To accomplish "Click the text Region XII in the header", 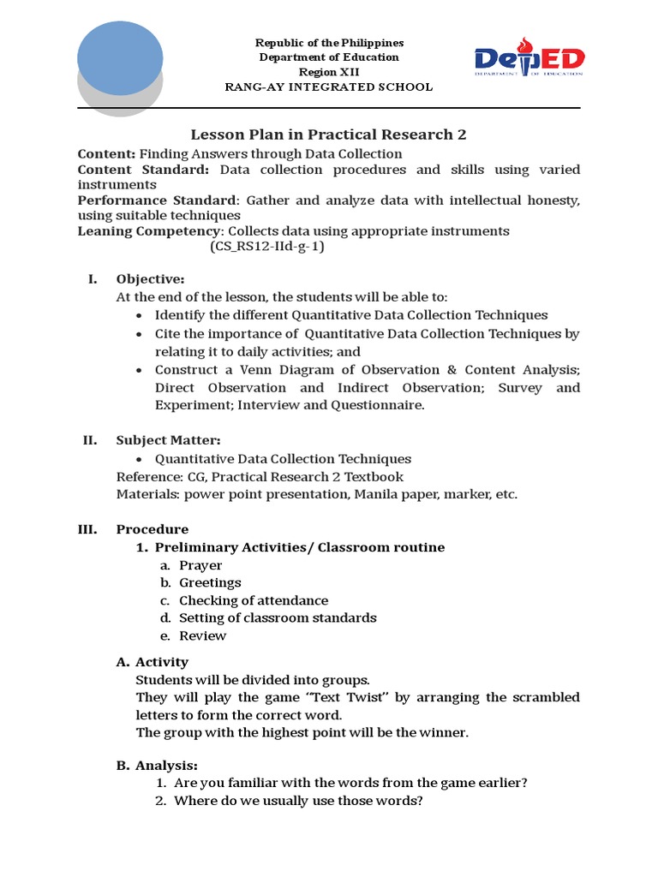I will [329, 72].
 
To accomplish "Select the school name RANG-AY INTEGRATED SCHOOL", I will [329, 87].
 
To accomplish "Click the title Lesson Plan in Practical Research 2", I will [328, 134].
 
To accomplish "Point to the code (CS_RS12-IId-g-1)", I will [267, 247].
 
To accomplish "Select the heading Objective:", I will [150, 279].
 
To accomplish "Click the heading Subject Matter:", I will [169, 440].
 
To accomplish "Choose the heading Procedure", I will [153, 529].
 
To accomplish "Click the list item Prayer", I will [200, 565].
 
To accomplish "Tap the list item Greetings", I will [210, 582].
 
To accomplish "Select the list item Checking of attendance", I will [254, 600].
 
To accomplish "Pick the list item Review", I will [203, 635].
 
